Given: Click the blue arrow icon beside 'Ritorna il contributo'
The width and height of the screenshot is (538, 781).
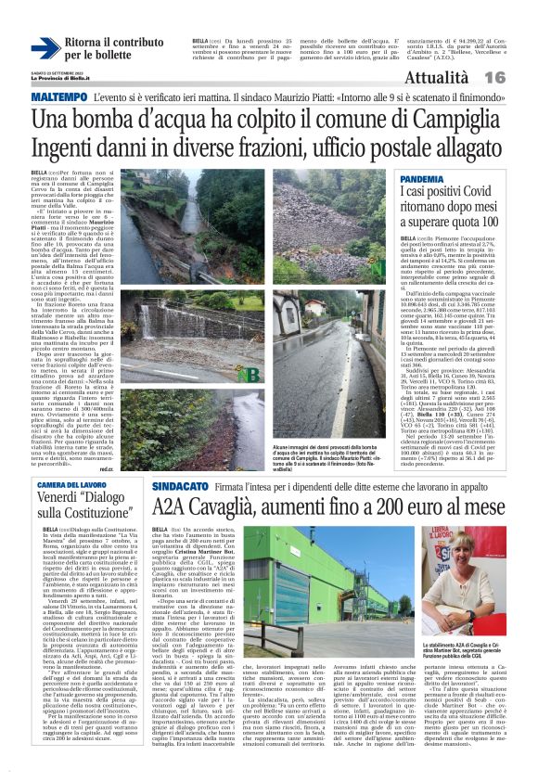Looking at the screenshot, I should pyautogui.click(x=45, y=49).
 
